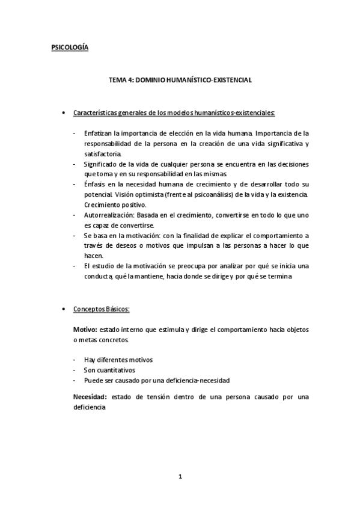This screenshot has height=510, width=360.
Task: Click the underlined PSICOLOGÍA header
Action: (69, 48)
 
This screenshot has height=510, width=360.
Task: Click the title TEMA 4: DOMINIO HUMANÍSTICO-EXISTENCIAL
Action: (180, 79)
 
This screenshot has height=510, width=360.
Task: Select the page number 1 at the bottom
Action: (180, 477)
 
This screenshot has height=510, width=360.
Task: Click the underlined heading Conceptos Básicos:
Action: (101, 309)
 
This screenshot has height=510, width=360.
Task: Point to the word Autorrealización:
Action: (109, 215)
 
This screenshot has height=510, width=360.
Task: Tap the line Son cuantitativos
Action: (109, 369)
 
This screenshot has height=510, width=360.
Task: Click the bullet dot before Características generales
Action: (64, 112)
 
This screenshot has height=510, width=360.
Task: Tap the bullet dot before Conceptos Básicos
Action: (64, 309)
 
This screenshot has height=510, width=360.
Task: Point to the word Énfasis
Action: (96, 184)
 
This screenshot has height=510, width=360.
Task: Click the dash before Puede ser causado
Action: (74, 380)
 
